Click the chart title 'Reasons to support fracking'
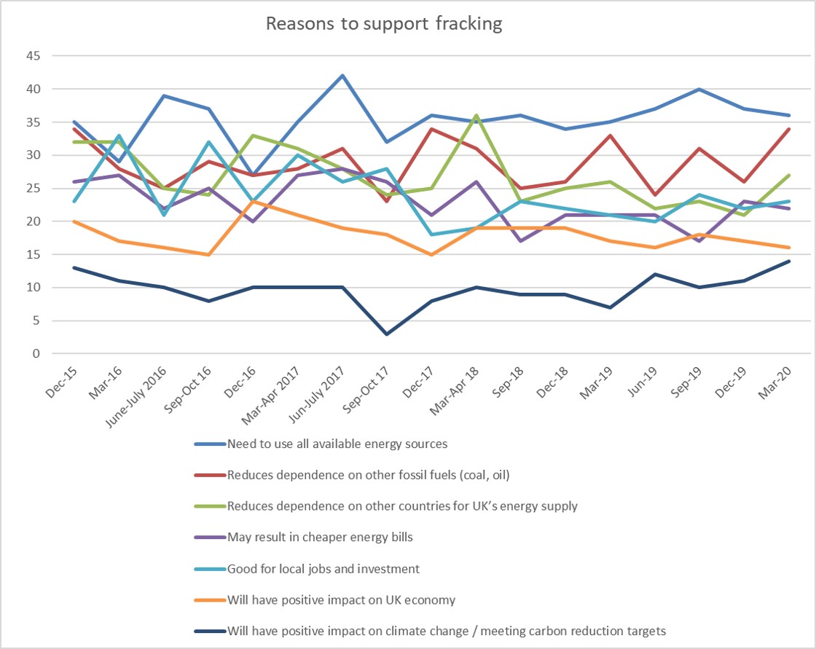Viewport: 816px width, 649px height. click(x=384, y=24)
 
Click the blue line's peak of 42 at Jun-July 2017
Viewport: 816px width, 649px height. click(x=342, y=76)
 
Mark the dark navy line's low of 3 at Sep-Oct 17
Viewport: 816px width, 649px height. click(x=386, y=334)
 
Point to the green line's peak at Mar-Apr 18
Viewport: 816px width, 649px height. click(x=476, y=116)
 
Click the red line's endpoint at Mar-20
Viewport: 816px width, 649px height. click(x=788, y=129)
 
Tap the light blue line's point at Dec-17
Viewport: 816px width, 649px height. click(x=431, y=235)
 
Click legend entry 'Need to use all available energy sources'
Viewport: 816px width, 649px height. click(x=337, y=444)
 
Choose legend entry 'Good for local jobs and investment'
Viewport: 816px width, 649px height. click(x=323, y=569)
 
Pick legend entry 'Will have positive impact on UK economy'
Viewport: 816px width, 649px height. click(x=341, y=600)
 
